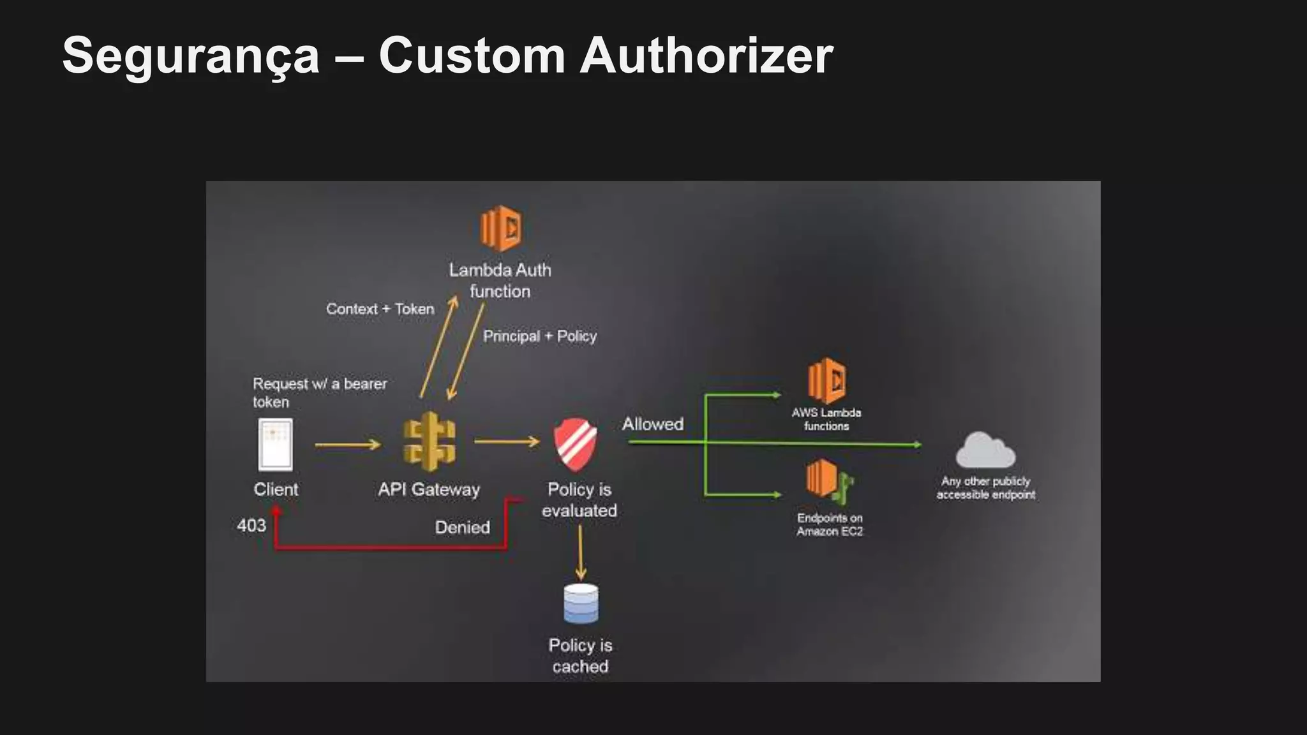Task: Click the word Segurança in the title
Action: coord(190,56)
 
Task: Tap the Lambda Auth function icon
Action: coord(500,228)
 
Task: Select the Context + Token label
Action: coord(380,309)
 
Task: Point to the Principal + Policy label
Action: coord(539,336)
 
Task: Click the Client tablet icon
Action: coord(276,444)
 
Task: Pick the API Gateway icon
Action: coord(429,442)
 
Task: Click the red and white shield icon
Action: coord(575,443)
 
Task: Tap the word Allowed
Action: coord(652,424)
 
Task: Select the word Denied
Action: coord(462,528)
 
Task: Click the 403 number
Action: coord(251,526)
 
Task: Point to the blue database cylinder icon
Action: coord(581,604)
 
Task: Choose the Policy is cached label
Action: coord(580,656)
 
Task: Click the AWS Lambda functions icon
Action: coord(826,381)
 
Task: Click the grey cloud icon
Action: coord(985,450)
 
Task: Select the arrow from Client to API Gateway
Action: coord(347,445)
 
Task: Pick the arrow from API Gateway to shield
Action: coord(507,442)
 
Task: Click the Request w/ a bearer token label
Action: coord(319,392)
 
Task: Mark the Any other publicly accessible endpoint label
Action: coord(985,488)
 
